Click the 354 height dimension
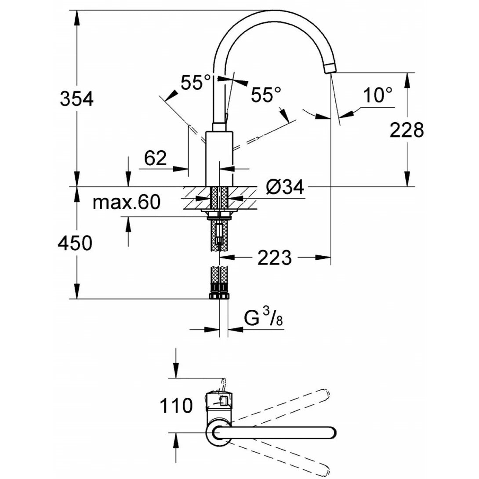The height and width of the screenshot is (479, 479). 77,99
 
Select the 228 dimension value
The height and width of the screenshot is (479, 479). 407,130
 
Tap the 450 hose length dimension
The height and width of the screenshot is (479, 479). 75,243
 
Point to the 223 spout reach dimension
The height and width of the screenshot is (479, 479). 274,258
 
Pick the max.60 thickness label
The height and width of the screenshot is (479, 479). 127,203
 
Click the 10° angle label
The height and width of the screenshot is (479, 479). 377,95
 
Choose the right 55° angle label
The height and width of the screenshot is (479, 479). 266,94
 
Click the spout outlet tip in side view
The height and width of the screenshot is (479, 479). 330,68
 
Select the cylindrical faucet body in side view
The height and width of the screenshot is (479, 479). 219,158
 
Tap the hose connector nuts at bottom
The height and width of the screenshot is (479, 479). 219,291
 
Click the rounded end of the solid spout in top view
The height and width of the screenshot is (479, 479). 330,433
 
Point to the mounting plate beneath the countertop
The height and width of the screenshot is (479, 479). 219,214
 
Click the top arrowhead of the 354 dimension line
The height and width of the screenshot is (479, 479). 77,16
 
